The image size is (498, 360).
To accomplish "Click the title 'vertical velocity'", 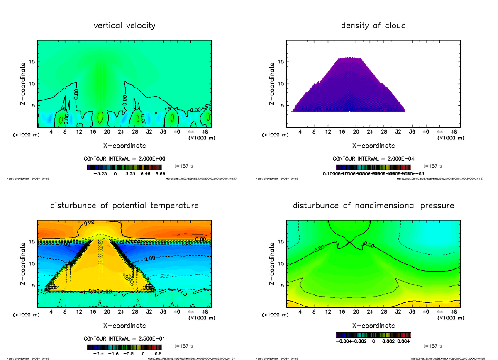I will pos(124,26).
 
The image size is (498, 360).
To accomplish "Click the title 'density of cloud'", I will pos(373,26).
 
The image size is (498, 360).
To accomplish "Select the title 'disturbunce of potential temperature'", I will pos(124,206).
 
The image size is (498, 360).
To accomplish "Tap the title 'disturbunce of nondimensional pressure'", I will pos(373,206).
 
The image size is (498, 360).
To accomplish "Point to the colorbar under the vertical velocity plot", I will pos(124,167).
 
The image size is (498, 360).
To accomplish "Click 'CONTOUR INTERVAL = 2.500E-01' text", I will pos(124,339).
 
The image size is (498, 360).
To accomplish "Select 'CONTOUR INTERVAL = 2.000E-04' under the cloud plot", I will pos(373,159).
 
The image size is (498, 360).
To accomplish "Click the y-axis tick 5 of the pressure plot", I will pos(282,285).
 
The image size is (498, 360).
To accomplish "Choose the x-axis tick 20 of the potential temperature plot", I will pos(107,312).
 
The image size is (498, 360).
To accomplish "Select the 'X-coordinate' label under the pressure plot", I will pos(373,326).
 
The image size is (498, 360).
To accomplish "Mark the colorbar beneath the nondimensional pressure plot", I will pos(373,334).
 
